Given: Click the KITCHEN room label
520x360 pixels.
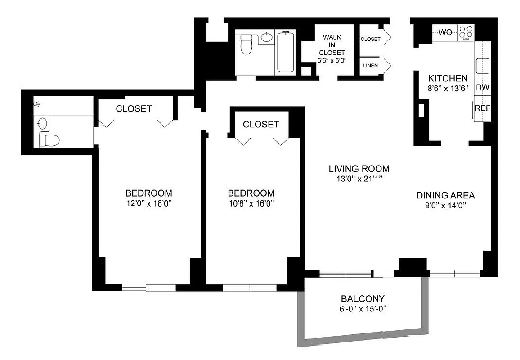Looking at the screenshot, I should tap(448, 78).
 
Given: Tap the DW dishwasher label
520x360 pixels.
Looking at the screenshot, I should tap(482, 87).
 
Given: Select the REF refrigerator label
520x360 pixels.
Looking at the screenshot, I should tap(482, 108).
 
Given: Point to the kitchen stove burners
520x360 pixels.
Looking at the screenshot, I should tap(466, 32).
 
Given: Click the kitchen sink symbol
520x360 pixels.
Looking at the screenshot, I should tap(483, 66).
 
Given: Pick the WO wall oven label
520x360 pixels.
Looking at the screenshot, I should tap(445, 32).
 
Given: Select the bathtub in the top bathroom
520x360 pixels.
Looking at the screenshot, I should tap(286, 51).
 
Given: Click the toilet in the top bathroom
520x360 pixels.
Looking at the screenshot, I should tap(246, 44).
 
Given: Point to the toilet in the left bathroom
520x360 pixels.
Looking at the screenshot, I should tap(49, 140).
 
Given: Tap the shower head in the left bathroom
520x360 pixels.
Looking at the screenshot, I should tap(37, 104).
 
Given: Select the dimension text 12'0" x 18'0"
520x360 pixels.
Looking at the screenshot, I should tap(148, 203).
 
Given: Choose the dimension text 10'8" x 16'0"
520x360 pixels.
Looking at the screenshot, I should tap(251, 203).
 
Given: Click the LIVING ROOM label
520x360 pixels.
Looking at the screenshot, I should tap(359, 169).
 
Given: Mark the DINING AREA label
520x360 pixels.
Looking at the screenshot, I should tap(445, 195).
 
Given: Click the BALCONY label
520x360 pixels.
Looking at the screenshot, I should tap(363, 298).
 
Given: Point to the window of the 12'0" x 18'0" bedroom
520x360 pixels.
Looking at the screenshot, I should tap(149, 287).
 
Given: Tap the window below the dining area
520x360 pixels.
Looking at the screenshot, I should tap(455, 273).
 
